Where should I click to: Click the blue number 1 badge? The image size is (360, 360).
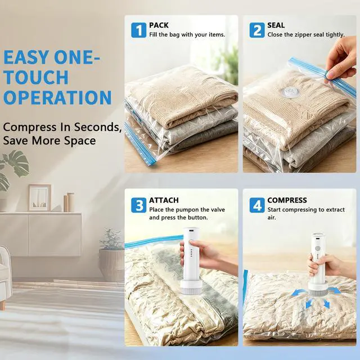point(138,30)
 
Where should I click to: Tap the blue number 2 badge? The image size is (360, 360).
point(257,30)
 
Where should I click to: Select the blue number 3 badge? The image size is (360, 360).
point(138,205)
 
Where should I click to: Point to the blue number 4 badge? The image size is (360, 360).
point(257,205)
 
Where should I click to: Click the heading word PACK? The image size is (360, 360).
point(159,25)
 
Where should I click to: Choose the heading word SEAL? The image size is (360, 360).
point(276,25)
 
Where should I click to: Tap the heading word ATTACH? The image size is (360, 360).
point(164,200)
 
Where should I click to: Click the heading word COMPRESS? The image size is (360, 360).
point(287,200)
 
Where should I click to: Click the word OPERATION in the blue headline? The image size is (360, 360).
point(57,97)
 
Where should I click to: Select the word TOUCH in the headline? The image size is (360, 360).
point(36,77)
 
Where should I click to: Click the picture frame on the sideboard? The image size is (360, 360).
point(39,197)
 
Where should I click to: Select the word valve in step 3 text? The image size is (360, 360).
point(218,210)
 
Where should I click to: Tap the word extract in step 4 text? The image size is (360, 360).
point(335,210)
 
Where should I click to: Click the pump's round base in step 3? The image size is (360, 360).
point(191,286)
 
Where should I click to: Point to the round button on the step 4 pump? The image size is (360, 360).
point(318,249)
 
